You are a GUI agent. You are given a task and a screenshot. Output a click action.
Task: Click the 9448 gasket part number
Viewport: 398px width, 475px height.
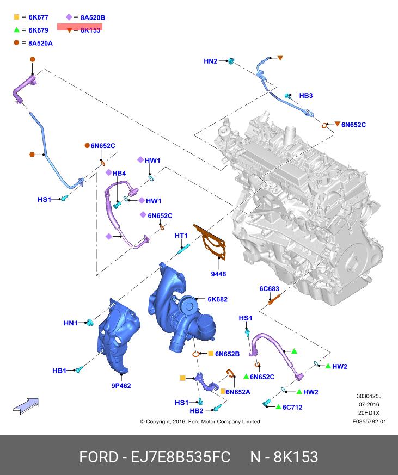[218, 274]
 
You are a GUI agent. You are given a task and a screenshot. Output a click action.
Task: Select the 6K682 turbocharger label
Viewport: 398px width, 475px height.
[217, 299]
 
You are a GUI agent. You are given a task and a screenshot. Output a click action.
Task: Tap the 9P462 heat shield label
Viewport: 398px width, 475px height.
[121, 386]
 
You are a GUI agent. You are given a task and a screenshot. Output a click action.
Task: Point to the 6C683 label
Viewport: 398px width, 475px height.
[269, 289]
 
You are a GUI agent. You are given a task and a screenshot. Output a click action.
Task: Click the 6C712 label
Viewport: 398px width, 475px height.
[292, 407]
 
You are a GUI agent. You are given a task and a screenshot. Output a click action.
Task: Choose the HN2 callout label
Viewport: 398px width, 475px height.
[210, 61]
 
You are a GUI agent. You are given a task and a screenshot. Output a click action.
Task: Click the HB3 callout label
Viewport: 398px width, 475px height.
[306, 96]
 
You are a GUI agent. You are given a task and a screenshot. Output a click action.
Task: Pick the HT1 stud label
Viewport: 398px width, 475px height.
[181, 236]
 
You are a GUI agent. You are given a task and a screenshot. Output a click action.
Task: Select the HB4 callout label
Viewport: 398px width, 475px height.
[119, 173]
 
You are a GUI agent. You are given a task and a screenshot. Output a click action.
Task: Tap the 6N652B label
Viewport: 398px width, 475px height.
[227, 354]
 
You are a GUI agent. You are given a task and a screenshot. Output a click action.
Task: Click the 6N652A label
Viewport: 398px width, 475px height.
[238, 392]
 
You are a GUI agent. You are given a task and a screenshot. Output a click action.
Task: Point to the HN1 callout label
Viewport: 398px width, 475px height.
[71, 323]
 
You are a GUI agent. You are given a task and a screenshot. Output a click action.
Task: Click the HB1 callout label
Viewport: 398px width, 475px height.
[59, 371]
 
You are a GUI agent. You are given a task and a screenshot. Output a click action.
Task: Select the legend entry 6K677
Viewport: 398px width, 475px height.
[38, 17]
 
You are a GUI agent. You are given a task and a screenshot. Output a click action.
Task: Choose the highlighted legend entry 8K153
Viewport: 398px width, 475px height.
[90, 30]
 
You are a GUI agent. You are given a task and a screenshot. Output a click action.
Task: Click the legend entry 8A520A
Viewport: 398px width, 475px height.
[40, 43]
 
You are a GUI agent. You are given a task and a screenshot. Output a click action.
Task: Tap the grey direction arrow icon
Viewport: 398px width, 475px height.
[26, 405]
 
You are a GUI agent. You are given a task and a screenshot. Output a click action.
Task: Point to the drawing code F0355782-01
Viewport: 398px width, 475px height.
[369, 421]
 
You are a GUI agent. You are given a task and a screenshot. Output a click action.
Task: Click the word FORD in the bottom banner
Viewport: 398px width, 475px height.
[99, 456]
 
